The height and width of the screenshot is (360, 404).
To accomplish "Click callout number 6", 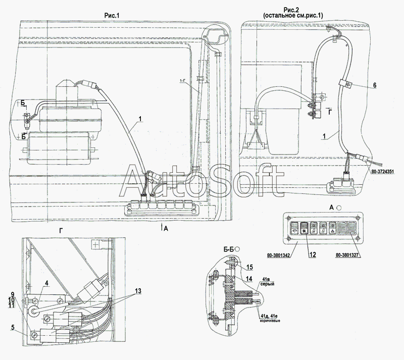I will [375, 86].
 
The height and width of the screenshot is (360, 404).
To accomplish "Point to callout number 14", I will [249, 277].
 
